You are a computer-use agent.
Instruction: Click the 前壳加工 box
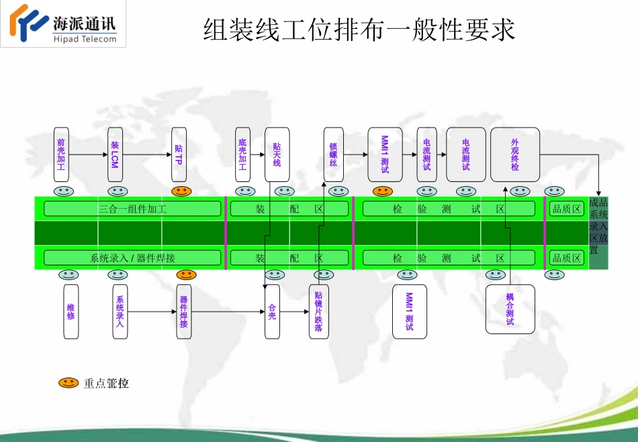(x=61, y=154)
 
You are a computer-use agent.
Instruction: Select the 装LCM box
(x=115, y=154)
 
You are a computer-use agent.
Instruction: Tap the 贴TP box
(x=179, y=154)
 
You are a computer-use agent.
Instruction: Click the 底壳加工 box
(x=242, y=154)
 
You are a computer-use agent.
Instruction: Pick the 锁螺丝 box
(x=333, y=154)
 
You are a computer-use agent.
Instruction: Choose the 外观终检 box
(x=515, y=154)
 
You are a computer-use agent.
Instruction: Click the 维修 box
(x=71, y=312)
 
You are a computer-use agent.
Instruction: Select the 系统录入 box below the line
(x=120, y=312)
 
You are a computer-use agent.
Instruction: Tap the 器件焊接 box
(x=184, y=312)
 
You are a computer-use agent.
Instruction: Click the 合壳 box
(x=272, y=312)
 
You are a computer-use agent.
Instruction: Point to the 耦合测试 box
(x=510, y=309)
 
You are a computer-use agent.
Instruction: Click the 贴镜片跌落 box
(x=319, y=312)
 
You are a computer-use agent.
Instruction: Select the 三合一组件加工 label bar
(x=132, y=209)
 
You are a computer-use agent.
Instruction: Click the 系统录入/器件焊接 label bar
(x=132, y=258)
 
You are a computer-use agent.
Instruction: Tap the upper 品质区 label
(x=566, y=209)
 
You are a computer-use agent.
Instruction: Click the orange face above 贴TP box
(x=181, y=191)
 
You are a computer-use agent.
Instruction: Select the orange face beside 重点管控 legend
(x=68, y=383)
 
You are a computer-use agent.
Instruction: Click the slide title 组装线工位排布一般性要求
(x=359, y=30)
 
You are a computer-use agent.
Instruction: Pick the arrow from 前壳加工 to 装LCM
(x=88, y=154)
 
